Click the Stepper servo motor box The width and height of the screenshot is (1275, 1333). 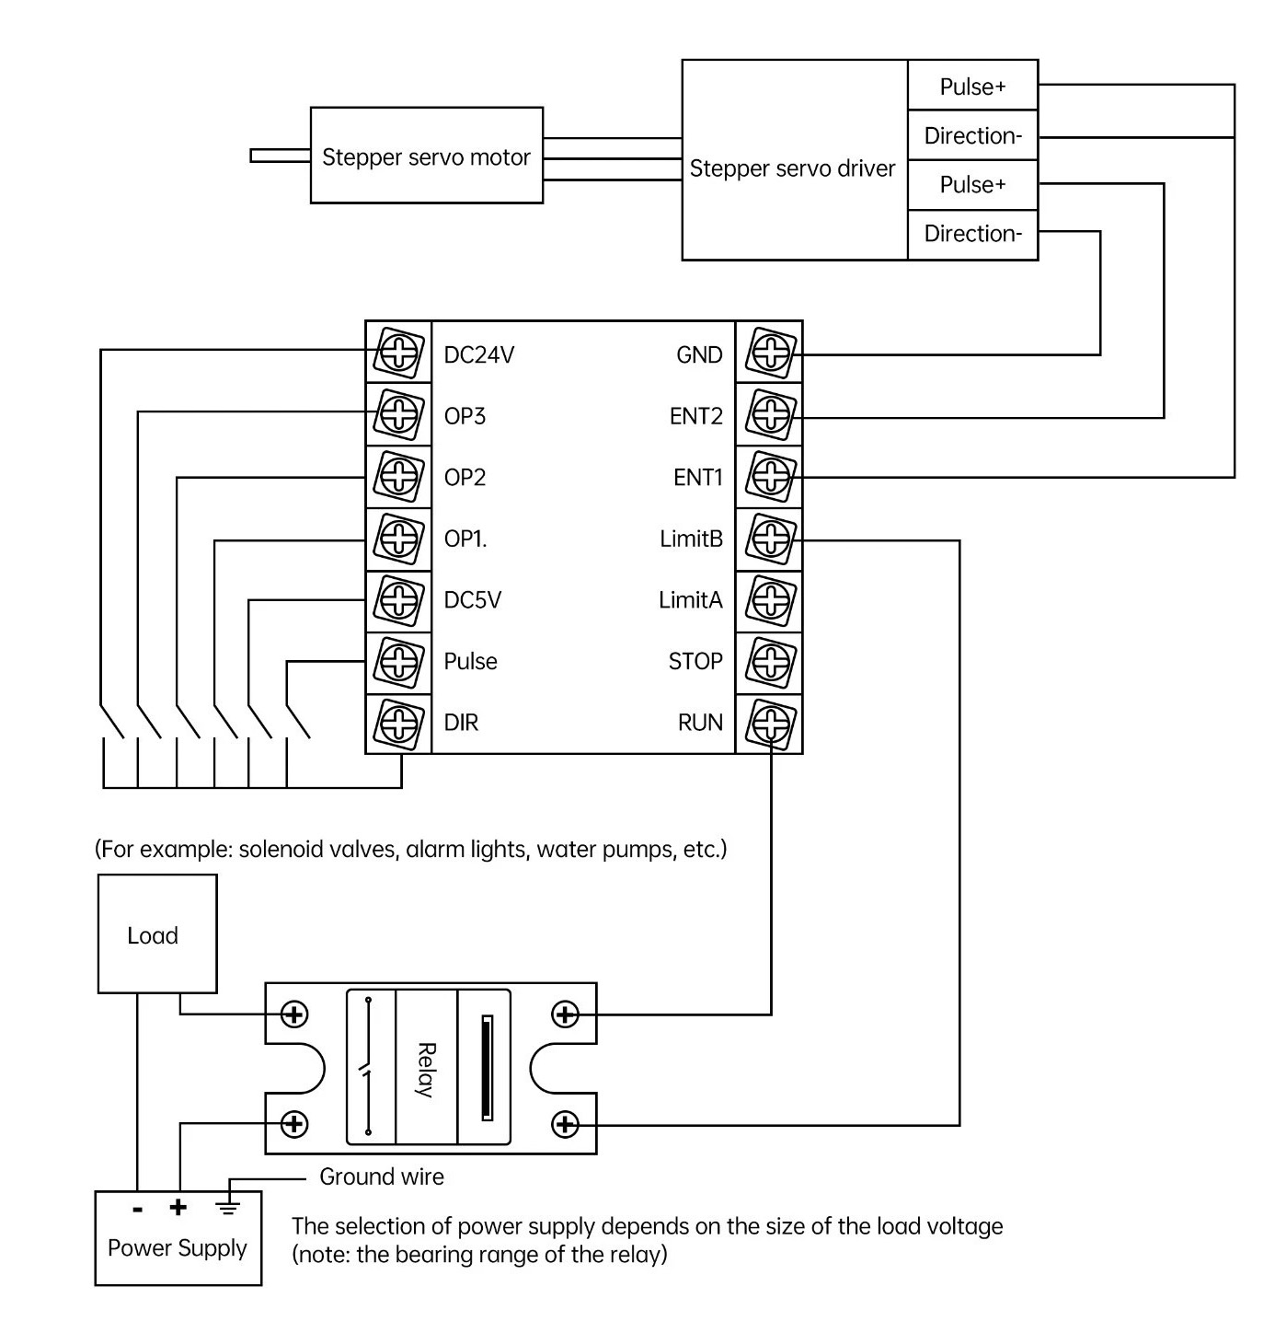426,156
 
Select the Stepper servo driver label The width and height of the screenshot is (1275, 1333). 792,168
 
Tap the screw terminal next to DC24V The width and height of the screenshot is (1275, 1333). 399,354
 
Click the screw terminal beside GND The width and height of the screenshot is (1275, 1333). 771,354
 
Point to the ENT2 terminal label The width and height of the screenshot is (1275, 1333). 695,416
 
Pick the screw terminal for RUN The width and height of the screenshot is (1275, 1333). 771,723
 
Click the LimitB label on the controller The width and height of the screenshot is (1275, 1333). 691,539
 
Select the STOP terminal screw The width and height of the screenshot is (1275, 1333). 771,661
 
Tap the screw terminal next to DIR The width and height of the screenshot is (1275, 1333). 399,723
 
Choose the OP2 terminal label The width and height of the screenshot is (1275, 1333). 465,477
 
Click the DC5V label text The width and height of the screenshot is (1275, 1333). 473,600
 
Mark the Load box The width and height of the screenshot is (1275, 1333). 157,934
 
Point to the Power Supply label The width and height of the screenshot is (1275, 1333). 178,1248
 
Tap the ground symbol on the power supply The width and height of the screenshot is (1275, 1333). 228,1206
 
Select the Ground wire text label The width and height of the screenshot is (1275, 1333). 381,1177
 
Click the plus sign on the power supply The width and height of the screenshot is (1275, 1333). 178,1206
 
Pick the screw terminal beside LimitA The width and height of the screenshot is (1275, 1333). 771,600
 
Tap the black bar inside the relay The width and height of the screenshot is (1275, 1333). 488,1068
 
